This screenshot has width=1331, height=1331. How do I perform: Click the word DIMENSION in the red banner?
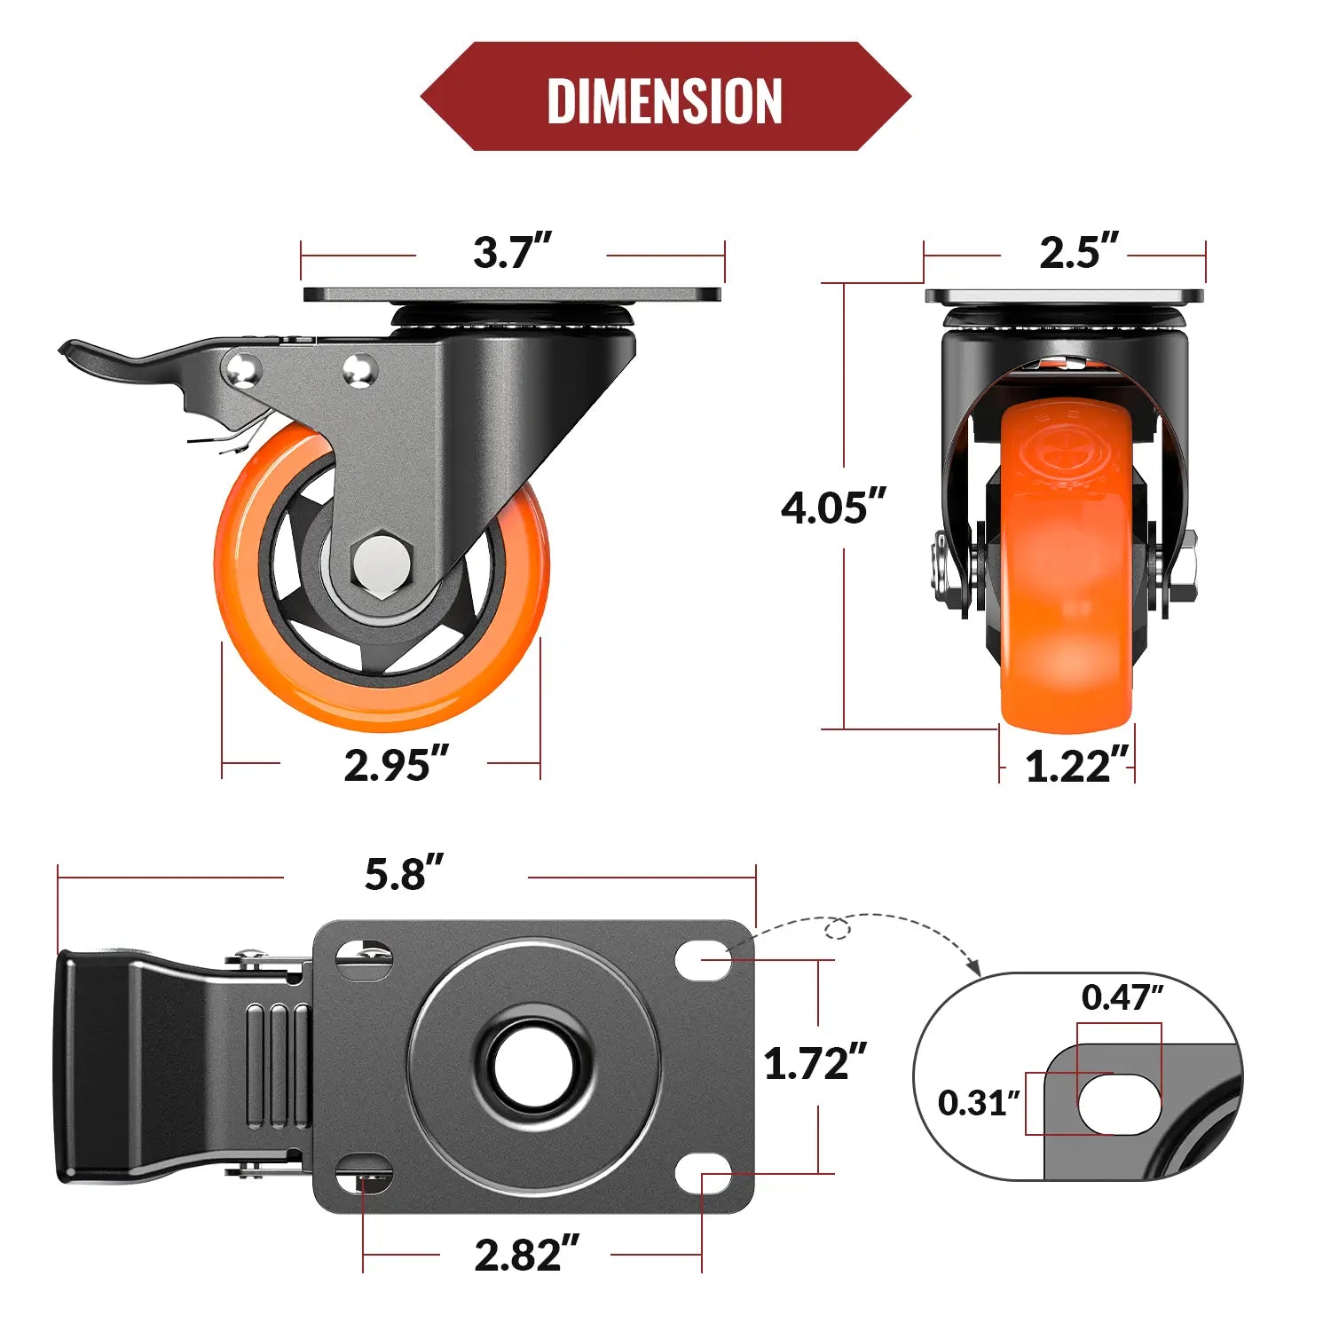tap(665, 100)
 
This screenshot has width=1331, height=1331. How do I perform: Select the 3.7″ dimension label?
tap(512, 252)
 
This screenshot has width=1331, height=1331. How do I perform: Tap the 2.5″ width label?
tap(1078, 252)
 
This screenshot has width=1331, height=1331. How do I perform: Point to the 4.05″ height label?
tap(833, 508)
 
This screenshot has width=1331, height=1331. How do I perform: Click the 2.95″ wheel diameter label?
tap(396, 765)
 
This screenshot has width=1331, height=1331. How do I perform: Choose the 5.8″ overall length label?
tap(404, 874)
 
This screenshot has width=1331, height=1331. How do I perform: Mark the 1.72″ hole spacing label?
tap(815, 1063)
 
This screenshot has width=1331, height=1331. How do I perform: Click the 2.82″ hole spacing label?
tap(526, 1255)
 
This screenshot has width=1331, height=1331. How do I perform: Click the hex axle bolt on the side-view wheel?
tap(382, 563)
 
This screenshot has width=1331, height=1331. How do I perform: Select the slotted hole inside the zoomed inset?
tap(1119, 1104)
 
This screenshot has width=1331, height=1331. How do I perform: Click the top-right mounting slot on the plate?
tap(703, 960)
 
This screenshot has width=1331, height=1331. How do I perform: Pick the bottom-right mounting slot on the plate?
tap(703, 1173)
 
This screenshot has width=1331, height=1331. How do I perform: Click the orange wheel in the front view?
tap(1067, 568)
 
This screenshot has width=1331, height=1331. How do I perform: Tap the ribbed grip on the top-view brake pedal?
tap(278, 1065)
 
